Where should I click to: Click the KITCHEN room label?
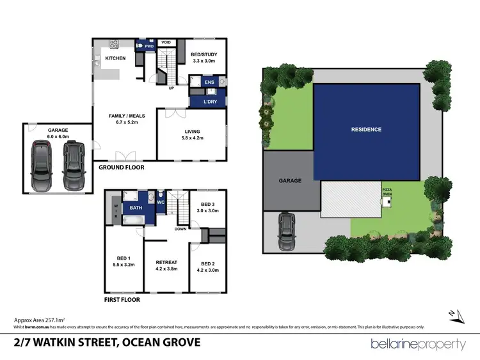coord(115,59)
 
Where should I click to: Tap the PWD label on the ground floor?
coord(149,47)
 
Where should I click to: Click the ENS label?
coord(209,82)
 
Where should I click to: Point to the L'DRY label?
coord(209,102)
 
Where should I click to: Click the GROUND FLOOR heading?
coord(122,168)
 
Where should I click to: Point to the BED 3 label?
coord(207,207)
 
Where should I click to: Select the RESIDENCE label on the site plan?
coord(366,130)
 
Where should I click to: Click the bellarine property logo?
coord(418,344)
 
